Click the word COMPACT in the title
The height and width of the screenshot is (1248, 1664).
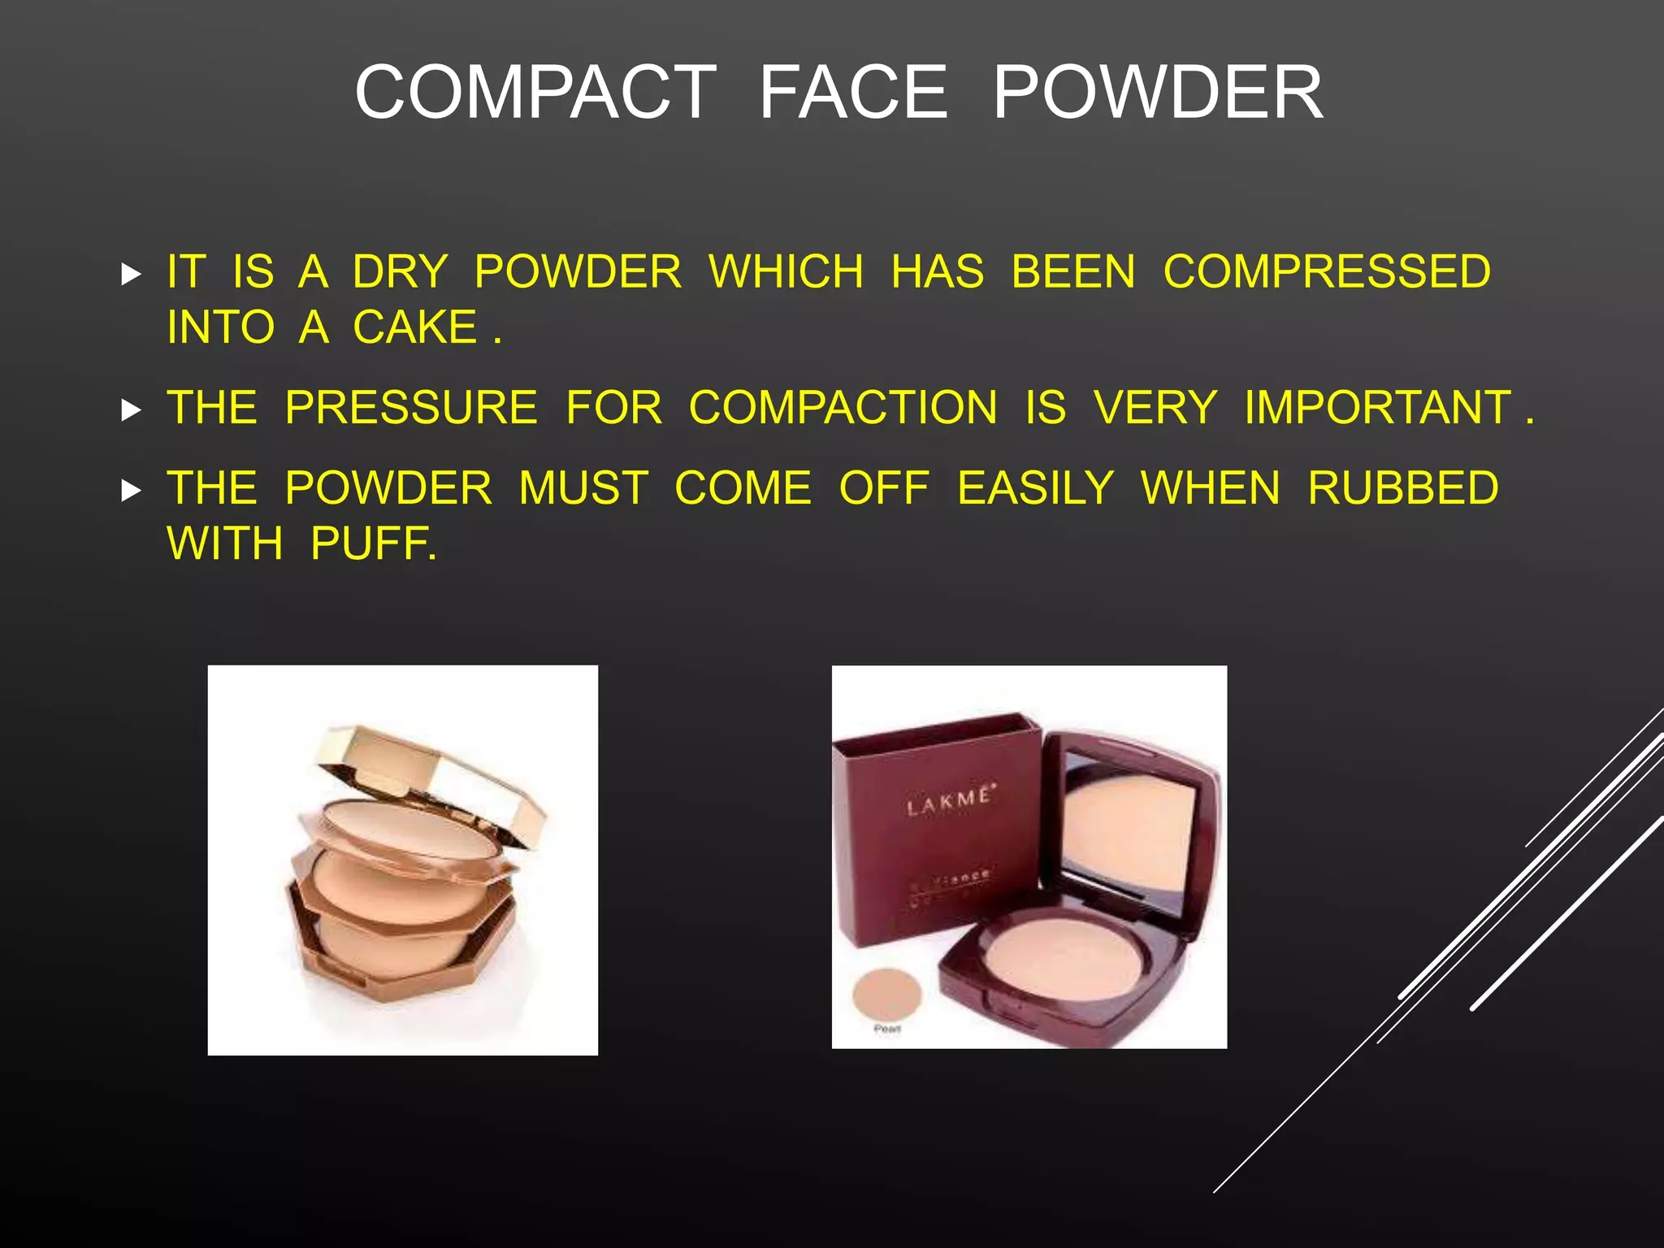[535, 93]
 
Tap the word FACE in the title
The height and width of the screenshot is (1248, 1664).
[853, 93]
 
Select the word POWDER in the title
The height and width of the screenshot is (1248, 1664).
[1158, 93]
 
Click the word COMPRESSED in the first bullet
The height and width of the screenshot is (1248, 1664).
[1327, 271]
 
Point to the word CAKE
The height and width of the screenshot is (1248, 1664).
[414, 327]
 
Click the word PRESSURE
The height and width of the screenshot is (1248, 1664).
[411, 407]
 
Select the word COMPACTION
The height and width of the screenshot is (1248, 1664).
[843, 407]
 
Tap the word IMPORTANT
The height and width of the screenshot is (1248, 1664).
[1377, 407]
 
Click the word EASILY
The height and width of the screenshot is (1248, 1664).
[1035, 488]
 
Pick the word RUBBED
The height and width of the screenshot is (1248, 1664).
[1403, 488]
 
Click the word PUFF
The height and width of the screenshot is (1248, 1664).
[372, 544]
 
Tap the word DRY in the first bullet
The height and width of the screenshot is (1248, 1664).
[400, 271]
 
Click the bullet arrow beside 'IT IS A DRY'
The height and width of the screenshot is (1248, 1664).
[131, 274]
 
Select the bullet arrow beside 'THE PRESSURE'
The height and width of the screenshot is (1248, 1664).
[131, 409]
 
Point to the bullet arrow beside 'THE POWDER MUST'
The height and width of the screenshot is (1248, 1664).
[131, 491]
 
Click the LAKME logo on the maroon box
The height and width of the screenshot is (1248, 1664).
[949, 801]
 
